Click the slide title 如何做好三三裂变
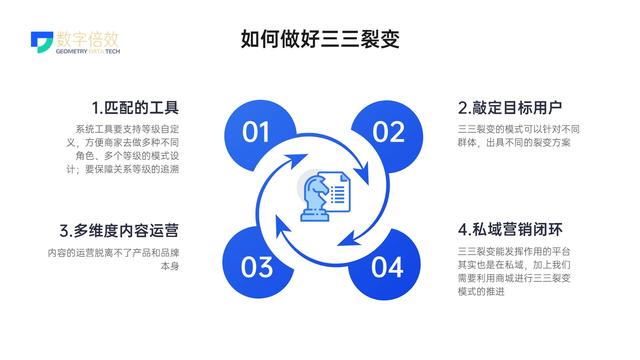point(320,40)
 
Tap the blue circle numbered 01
point(257,132)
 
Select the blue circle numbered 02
point(388,132)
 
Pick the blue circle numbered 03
point(257,266)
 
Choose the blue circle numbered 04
point(388,266)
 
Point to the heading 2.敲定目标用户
point(510,107)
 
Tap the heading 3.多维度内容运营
point(119,230)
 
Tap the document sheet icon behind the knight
point(338,189)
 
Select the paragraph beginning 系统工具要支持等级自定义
point(127,149)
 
